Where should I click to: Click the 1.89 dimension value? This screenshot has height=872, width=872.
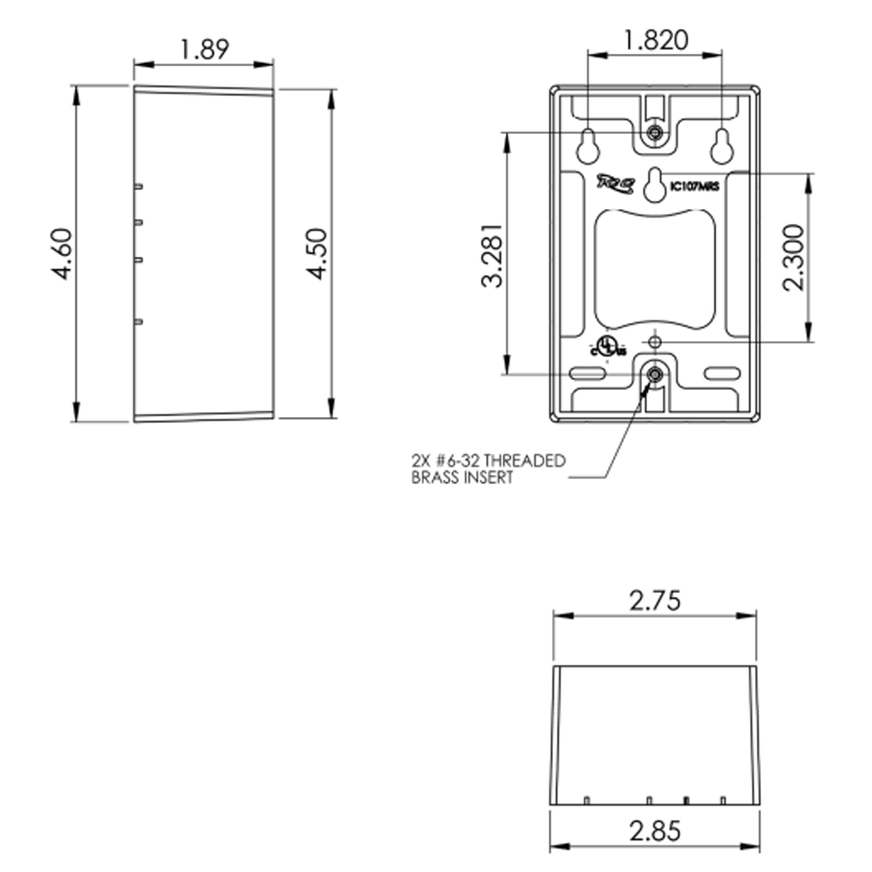coord(204,49)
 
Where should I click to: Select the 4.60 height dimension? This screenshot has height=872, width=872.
coord(61,254)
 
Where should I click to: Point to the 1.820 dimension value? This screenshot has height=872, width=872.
coord(655,40)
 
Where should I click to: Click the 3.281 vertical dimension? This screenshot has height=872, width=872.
coord(491,255)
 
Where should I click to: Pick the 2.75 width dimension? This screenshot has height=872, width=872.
coord(655,601)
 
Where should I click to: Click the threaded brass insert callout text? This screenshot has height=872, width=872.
coord(488,470)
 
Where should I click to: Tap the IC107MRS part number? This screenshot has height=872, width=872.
coord(695,187)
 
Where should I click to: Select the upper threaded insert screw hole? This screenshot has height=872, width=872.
coord(654,133)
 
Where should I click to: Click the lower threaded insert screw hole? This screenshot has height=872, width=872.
coord(654,374)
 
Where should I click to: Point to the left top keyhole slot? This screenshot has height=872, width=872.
coord(588,146)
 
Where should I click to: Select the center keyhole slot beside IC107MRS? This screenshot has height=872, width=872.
coord(655,185)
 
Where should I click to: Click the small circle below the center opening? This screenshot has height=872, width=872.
coord(655,342)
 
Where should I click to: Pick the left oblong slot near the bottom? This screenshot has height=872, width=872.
coord(587,374)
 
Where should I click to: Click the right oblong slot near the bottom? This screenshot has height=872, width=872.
coord(722,374)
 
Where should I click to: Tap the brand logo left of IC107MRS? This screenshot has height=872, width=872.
coord(617,184)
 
